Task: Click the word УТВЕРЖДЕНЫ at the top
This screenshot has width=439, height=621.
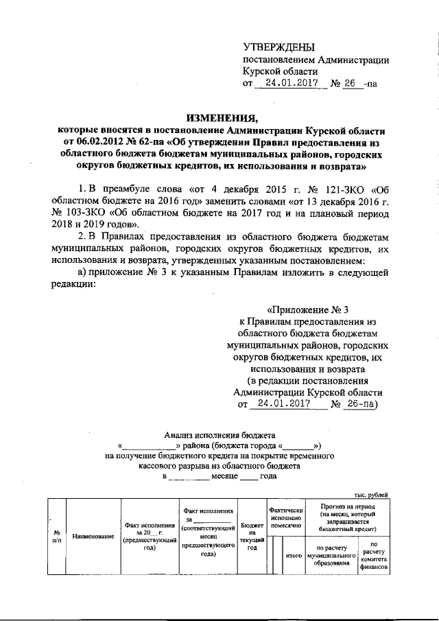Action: click(x=279, y=47)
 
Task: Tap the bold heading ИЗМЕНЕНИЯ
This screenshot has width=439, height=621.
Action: click(x=219, y=117)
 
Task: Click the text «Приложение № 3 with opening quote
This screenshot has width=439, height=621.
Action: click(x=307, y=308)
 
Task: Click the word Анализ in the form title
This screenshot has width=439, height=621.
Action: click(x=180, y=434)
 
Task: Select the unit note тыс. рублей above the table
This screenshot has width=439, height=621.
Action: click(x=370, y=495)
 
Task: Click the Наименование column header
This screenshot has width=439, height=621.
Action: click(x=92, y=536)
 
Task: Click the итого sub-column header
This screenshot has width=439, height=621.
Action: click(x=294, y=554)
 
